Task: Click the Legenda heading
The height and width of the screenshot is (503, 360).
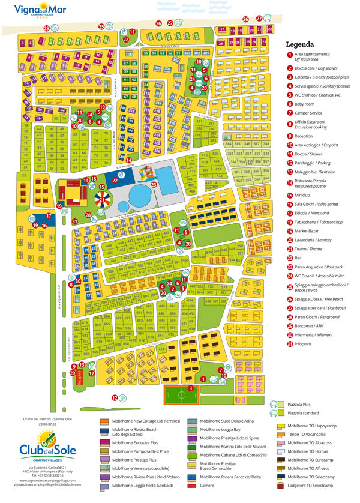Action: click(x=299, y=44)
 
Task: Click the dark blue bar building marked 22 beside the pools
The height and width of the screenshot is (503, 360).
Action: click(x=115, y=178)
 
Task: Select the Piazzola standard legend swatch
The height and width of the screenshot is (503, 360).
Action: click(x=280, y=414)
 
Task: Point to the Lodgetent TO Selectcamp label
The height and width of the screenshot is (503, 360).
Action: click(x=316, y=486)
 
